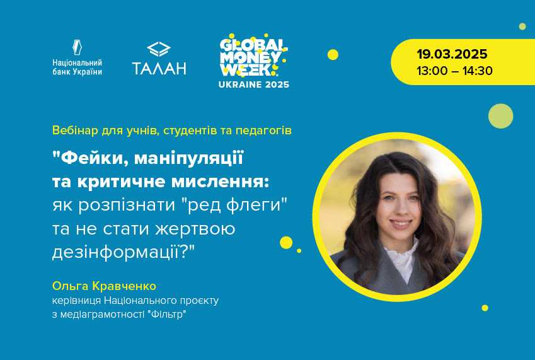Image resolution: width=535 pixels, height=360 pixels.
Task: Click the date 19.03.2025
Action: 452,54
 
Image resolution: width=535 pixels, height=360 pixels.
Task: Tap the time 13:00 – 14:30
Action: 454,71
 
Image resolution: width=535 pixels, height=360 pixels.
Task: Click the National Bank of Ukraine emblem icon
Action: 77,47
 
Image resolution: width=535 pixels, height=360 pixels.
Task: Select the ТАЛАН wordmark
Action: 159,68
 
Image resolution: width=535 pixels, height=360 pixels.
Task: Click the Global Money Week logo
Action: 254,56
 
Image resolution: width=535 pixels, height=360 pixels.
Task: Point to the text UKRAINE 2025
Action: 254,84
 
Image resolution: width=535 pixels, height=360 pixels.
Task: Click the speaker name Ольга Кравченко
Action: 104,286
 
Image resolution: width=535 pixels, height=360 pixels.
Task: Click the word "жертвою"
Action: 195,229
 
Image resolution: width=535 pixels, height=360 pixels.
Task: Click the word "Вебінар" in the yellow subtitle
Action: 75,131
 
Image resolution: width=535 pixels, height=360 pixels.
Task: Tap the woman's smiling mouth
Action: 401,224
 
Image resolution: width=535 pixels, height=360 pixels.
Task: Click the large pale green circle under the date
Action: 500,116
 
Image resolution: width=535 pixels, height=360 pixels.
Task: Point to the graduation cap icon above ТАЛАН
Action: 159,49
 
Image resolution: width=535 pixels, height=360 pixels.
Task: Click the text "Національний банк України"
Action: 77,67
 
